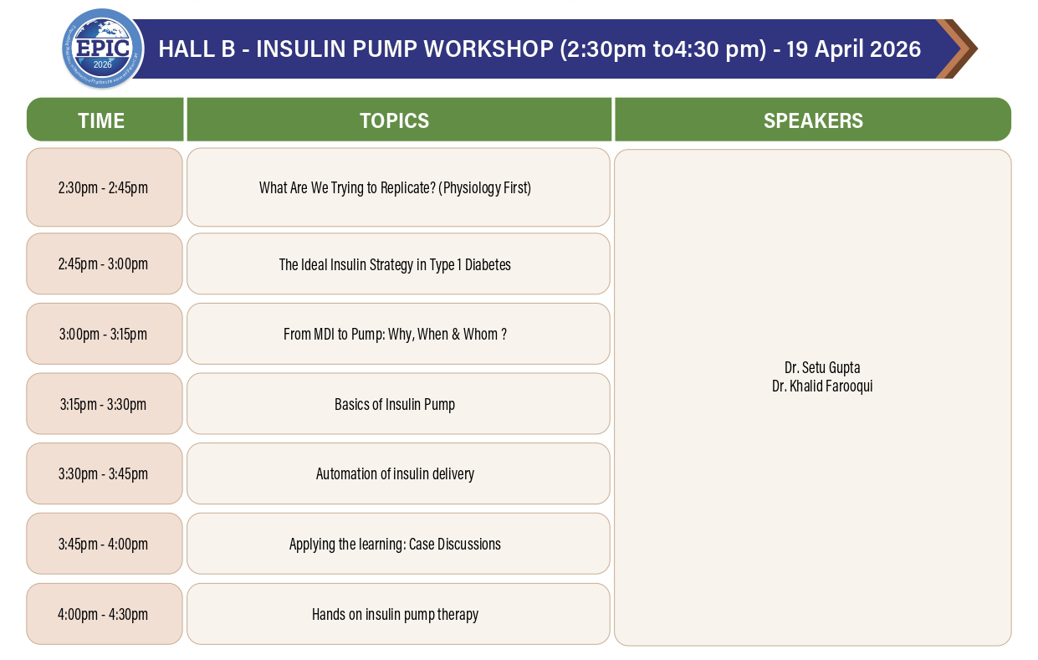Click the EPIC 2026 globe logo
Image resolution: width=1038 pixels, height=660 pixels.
(103, 49)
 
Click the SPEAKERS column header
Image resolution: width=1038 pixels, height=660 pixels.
(813, 120)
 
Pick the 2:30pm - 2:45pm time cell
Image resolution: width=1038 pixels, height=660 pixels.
(105, 187)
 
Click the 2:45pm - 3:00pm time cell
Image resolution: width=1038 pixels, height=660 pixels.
(105, 263)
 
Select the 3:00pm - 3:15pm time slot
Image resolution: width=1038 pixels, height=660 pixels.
(105, 334)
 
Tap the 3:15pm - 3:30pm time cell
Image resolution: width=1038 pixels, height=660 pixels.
(105, 404)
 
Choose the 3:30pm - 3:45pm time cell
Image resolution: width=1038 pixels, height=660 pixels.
(105, 473)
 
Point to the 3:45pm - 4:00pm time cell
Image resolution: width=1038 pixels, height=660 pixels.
(105, 544)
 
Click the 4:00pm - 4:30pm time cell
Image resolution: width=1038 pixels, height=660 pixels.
(105, 614)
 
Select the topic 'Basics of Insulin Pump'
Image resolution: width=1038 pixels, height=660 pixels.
(395, 405)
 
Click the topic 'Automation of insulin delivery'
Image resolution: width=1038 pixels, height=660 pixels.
(395, 474)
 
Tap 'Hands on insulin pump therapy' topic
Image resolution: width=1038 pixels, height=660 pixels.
(395, 615)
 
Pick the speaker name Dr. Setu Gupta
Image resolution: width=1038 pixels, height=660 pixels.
(822, 368)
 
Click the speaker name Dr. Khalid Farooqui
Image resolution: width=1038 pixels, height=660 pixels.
(822, 386)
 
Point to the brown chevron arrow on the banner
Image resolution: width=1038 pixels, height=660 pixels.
(956, 49)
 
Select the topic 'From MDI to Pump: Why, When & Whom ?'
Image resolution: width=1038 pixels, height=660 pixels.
(395, 334)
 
